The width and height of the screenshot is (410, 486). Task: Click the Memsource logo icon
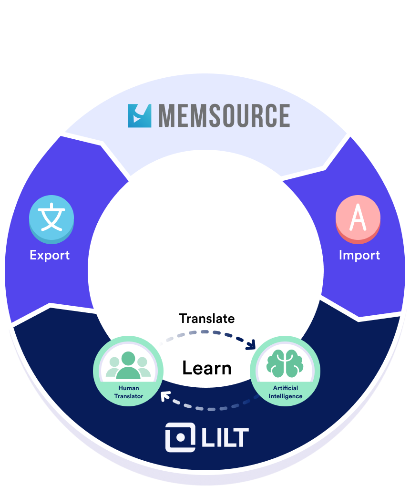pyautogui.click(x=139, y=116)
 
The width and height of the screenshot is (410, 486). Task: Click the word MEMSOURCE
pyautogui.click(x=224, y=116)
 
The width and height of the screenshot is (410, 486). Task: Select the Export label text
pyautogui.click(x=50, y=255)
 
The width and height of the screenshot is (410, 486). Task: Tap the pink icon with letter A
pyautogui.click(x=358, y=217)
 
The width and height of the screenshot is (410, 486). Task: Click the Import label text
pyautogui.click(x=359, y=255)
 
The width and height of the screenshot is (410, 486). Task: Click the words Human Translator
pyautogui.click(x=129, y=392)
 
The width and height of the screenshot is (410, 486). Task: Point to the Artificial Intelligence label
pyautogui.click(x=285, y=393)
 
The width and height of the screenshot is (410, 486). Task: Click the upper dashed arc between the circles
pyautogui.click(x=205, y=332)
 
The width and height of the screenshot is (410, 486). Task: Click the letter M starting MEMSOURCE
pyautogui.click(x=168, y=116)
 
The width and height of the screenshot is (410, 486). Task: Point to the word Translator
pyautogui.click(x=129, y=396)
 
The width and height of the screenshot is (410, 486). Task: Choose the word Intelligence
pyautogui.click(x=285, y=397)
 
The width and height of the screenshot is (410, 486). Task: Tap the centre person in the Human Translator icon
pyautogui.click(x=128, y=365)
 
